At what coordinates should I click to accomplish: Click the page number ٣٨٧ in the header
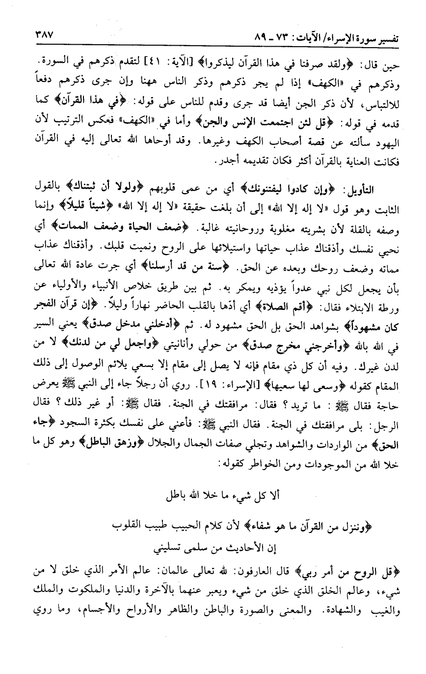(43, 36)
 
